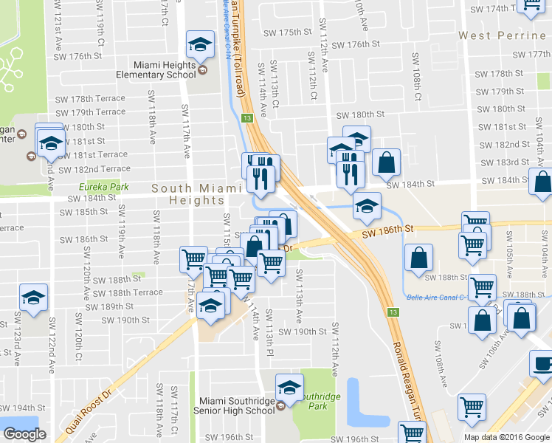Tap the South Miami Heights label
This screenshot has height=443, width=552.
click(x=196, y=194)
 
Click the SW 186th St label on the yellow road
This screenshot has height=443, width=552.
click(x=386, y=233)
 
